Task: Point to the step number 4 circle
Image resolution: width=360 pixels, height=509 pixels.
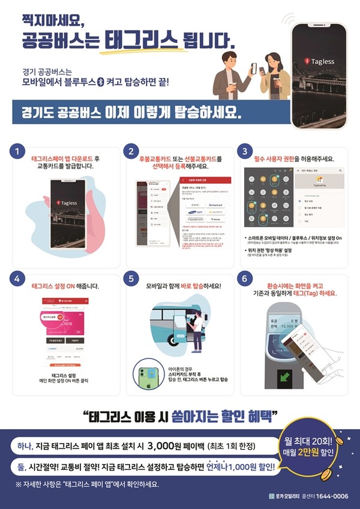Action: pos(20,279)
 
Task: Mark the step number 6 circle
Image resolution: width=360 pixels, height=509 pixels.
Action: pos(244,279)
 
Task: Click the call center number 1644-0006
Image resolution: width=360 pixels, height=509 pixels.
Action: pos(332,496)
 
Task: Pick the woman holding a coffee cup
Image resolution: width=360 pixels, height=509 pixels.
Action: pos(274,75)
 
